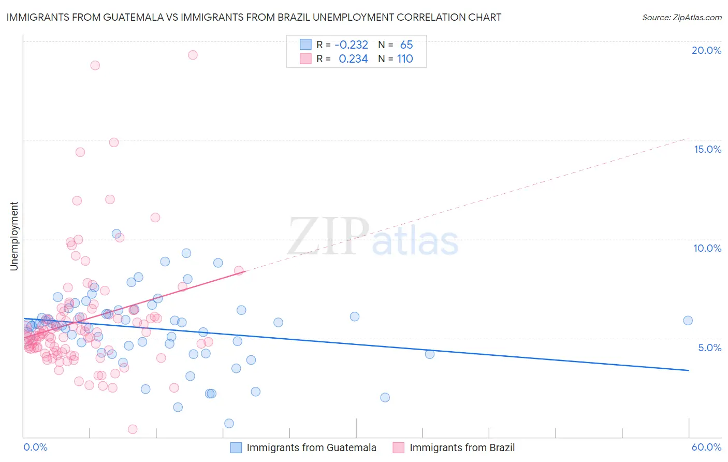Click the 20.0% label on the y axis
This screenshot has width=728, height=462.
(x=706, y=50)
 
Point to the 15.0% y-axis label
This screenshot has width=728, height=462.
(x=707, y=149)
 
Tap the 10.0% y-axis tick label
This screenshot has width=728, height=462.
(x=707, y=248)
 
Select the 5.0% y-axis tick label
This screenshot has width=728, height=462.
(x=709, y=348)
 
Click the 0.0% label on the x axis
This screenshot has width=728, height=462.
(x=35, y=447)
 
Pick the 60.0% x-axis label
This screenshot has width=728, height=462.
(x=706, y=447)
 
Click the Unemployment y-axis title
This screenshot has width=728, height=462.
(x=14, y=236)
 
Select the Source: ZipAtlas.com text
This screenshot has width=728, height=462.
(x=681, y=17)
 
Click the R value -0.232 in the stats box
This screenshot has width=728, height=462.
(x=351, y=45)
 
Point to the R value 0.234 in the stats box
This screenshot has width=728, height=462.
(x=353, y=59)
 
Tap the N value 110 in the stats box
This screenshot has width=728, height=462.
(x=405, y=59)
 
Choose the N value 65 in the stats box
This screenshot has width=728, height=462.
(x=406, y=45)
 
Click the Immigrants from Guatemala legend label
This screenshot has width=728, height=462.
(x=311, y=447)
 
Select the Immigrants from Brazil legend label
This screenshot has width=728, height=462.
(x=462, y=447)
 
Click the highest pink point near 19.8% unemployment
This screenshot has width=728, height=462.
(x=193, y=55)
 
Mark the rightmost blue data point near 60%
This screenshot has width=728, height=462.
(x=688, y=321)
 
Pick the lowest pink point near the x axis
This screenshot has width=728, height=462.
(x=133, y=429)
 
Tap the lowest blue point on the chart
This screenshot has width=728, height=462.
(x=229, y=423)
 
